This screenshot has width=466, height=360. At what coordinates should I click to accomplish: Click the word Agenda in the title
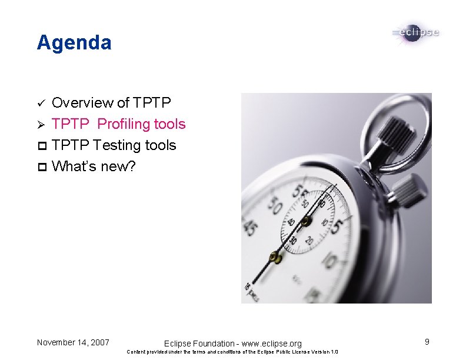tap(74, 43)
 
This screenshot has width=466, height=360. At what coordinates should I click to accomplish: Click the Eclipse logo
tap(415, 33)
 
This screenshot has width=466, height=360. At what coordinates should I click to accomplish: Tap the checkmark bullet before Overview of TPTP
tap(41, 104)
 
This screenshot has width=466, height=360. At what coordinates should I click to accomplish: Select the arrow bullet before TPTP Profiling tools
tap(41, 125)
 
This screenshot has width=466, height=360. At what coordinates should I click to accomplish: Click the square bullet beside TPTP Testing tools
tap(41, 145)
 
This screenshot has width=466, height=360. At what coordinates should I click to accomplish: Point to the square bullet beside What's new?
tap(41, 166)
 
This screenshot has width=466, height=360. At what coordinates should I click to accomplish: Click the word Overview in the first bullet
tap(82, 103)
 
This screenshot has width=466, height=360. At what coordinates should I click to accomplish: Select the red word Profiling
tap(125, 124)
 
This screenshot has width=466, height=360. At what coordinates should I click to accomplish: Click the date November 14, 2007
tap(72, 342)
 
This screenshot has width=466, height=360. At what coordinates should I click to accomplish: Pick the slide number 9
tap(427, 342)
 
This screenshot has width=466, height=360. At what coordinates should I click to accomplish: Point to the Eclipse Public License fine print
tap(233, 352)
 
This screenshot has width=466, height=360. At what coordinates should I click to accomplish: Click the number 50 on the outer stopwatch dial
tap(274, 206)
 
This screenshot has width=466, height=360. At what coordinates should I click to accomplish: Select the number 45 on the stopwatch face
tap(251, 228)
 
